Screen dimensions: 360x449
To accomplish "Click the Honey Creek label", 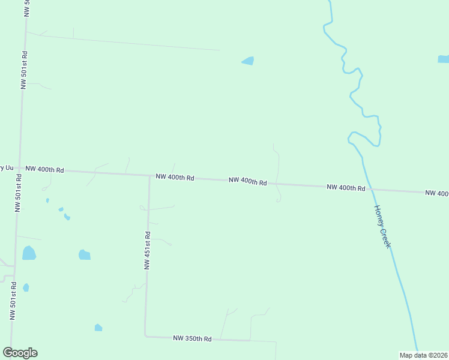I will tap(382, 227).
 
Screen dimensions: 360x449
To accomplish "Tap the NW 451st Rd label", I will tap(147, 250).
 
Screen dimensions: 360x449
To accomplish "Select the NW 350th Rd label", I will tap(192, 339).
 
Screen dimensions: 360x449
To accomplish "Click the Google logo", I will tap(20, 353).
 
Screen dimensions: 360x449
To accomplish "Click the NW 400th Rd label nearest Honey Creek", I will tap(346, 188).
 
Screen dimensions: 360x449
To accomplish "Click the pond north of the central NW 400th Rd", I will tap(248, 61).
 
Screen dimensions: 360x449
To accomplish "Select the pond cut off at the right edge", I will tap(444, 59).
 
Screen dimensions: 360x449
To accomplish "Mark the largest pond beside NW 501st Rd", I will tap(29, 253).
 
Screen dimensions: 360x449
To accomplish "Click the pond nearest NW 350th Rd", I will tap(98, 327).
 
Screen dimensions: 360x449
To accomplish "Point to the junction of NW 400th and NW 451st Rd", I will tap(149, 176).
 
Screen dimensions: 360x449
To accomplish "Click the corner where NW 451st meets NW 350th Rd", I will tap(145, 335).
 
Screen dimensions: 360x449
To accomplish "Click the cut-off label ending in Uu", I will tap(6, 167).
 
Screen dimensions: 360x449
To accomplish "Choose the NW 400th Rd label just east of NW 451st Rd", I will tap(175, 178).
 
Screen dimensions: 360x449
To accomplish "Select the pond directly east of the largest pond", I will tap(84, 255).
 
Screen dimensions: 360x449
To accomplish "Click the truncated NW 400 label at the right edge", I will tap(437, 193).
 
